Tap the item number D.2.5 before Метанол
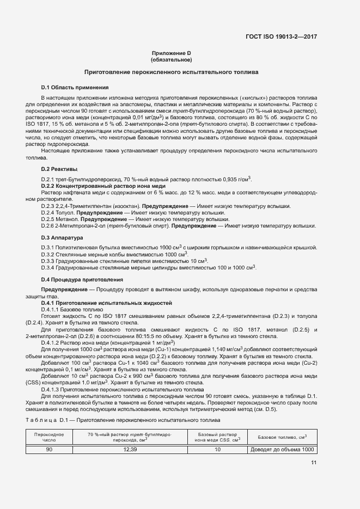click(50, 218)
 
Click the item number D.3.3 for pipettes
click(50, 261)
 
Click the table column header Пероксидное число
click(49, 437)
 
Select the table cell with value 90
click(49, 450)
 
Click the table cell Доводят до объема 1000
click(282, 450)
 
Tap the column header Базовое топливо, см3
click(282, 437)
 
